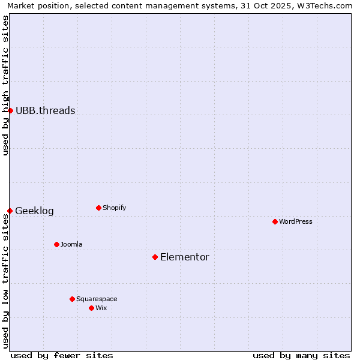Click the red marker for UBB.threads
[10, 110]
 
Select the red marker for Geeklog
[10, 211]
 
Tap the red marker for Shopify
[98, 208]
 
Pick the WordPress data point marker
[275, 221]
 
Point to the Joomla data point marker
[56, 244]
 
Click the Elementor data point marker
[155, 257]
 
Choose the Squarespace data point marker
[72, 299]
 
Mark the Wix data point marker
[91, 308]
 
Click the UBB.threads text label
[45, 110]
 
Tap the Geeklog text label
[34, 211]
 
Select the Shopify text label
[114, 208]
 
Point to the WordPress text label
[295, 221]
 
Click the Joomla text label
[71, 244]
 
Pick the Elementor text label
[184, 257]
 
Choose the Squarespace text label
[97, 299]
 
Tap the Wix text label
[101, 308]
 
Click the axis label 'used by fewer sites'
[62, 355]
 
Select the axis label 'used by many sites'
[301, 355]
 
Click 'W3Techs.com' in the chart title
[326, 5]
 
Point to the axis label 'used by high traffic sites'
[5, 85]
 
